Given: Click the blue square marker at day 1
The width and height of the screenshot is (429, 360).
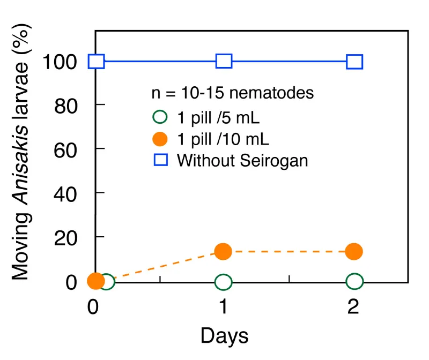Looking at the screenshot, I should pyautogui.click(x=224, y=61).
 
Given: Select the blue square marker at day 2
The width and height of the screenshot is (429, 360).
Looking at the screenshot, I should pyautogui.click(x=354, y=62).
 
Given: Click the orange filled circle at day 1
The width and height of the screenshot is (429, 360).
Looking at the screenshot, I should pyautogui.click(x=223, y=251).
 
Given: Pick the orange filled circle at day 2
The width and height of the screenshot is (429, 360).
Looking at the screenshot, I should pyautogui.click(x=353, y=251).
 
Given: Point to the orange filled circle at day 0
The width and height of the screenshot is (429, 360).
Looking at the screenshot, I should pyautogui.click(x=95, y=280).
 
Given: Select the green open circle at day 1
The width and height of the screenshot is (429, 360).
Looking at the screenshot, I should pyautogui.click(x=224, y=281).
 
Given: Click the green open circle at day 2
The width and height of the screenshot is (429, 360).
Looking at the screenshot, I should pyautogui.click(x=354, y=281).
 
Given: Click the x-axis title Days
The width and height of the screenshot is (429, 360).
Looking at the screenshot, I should pyautogui.click(x=224, y=336).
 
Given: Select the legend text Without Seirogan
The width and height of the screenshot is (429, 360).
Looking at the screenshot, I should pyautogui.click(x=242, y=160).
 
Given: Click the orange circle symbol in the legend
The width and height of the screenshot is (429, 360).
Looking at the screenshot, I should pyautogui.click(x=160, y=139).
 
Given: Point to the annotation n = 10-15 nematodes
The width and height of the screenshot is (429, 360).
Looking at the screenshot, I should pyautogui.click(x=232, y=93).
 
